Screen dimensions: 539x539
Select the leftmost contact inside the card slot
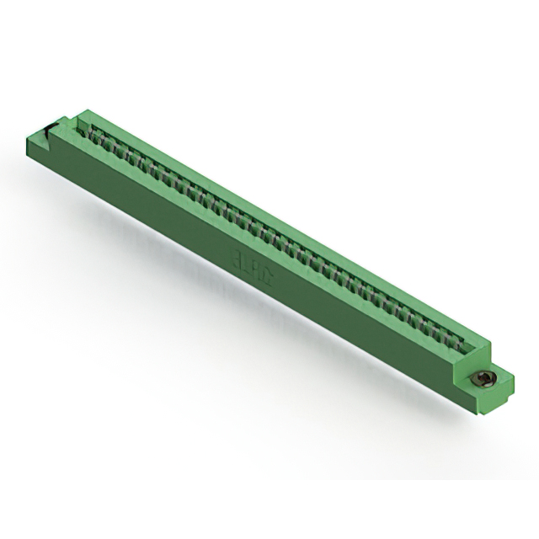(x=94, y=134)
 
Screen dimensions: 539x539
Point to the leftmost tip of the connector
(x=26, y=135)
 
